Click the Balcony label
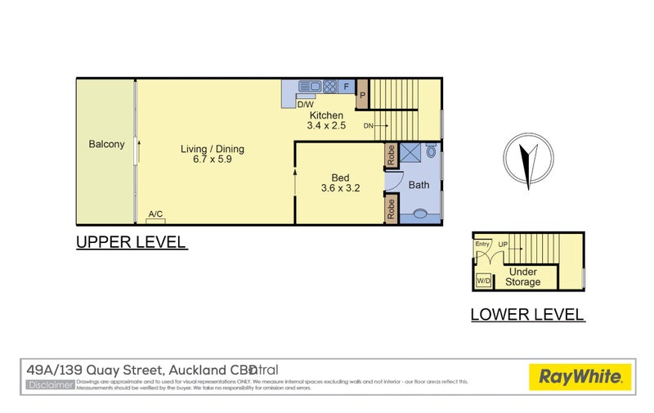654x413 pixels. pos(106,145)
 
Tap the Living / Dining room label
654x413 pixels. pos(212,150)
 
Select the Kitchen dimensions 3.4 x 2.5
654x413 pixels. pos(327,126)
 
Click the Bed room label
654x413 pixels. pos(340,177)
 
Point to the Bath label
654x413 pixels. pos(419,185)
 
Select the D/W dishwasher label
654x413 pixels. pos(305,105)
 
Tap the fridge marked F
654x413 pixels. pos(346,86)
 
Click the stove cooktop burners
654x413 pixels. pos(329,86)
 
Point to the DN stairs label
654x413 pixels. pos(369,126)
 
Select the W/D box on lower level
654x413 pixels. pos(483,281)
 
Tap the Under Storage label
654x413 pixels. pos(522,276)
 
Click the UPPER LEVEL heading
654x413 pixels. pos(132,242)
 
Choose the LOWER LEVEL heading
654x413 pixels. pos(527,314)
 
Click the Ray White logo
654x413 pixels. pos(580,377)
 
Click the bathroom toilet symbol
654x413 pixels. pos(420,214)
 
